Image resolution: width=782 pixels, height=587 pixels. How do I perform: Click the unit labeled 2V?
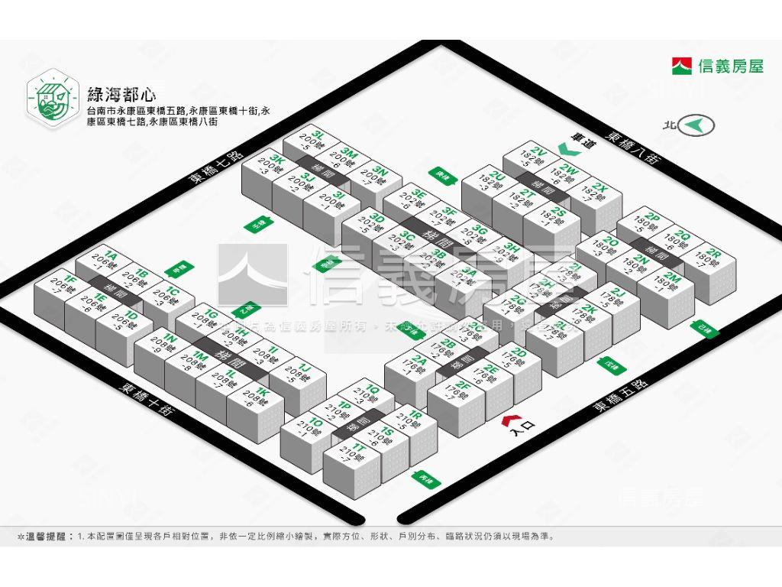535,156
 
